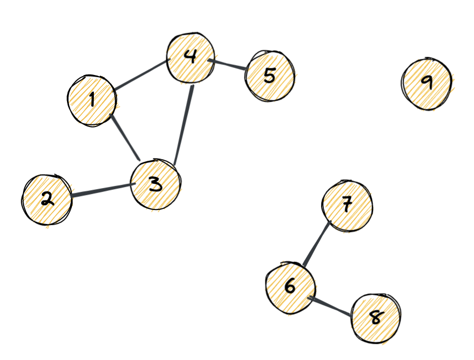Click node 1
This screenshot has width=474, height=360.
(92, 100)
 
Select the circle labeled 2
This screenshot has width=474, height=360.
(47, 199)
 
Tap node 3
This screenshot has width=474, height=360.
(155, 185)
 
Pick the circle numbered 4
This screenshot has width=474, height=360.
(190, 58)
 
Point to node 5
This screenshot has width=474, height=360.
(270, 76)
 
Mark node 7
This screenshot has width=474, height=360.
(347, 205)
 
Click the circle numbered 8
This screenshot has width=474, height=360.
(376, 318)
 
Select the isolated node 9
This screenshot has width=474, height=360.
(427, 84)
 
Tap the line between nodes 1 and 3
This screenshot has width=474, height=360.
(124, 137)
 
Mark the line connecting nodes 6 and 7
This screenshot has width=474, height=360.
(317, 244)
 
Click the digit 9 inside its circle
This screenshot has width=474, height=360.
(427, 82)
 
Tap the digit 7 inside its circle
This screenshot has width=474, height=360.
(347, 204)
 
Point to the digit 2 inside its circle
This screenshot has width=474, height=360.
(47, 199)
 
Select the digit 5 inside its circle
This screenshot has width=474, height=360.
(270, 76)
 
